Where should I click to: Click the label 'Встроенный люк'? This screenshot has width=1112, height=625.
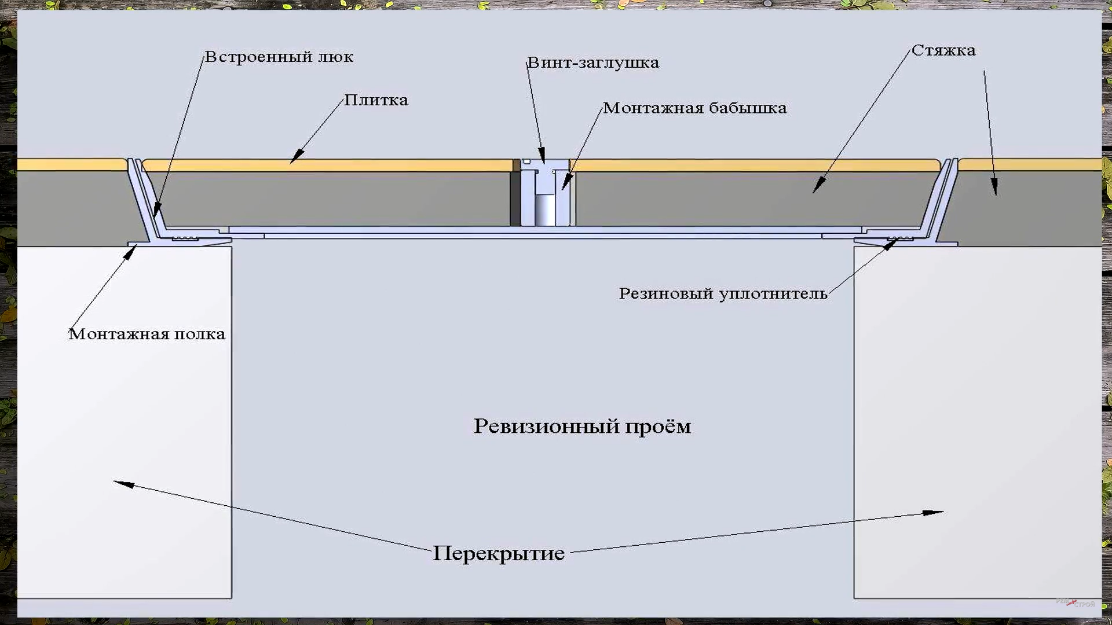(279, 57)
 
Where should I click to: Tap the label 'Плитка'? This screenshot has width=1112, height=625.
(376, 100)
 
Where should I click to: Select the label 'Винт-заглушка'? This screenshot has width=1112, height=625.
(593, 62)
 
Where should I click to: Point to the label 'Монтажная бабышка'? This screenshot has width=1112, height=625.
(694, 108)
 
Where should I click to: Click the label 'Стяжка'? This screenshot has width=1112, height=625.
(943, 51)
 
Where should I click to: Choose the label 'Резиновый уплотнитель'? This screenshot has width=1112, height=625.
(723, 294)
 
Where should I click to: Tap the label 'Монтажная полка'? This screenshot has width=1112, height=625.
(147, 334)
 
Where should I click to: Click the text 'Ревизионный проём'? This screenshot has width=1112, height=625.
(582, 427)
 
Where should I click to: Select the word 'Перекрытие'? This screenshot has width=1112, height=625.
(499, 554)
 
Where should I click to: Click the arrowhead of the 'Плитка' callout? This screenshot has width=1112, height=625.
(295, 157)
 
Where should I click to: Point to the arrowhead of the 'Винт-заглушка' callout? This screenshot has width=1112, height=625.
(542, 157)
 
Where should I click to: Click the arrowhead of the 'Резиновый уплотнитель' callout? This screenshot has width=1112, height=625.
(891, 243)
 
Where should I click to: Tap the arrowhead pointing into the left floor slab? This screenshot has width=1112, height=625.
(122, 483)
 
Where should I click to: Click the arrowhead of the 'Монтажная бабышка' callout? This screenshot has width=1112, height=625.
(566, 183)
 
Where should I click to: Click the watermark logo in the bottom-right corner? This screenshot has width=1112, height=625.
(1076, 603)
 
